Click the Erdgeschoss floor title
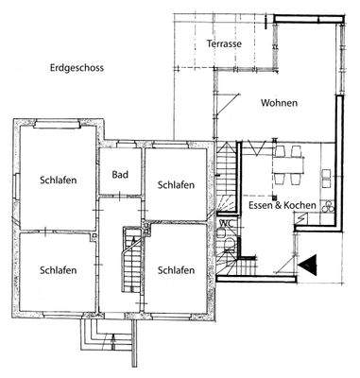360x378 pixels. click(x=78, y=68)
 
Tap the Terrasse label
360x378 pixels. click(x=225, y=44)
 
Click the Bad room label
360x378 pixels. click(x=119, y=175)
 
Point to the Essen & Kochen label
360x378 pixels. click(x=281, y=207)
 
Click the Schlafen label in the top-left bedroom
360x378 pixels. click(x=58, y=180)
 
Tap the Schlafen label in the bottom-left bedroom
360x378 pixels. click(x=58, y=269)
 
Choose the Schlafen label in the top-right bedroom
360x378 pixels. click(x=177, y=183)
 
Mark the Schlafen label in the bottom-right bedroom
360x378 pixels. click(x=177, y=269)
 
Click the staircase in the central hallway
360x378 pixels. click(x=130, y=255)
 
